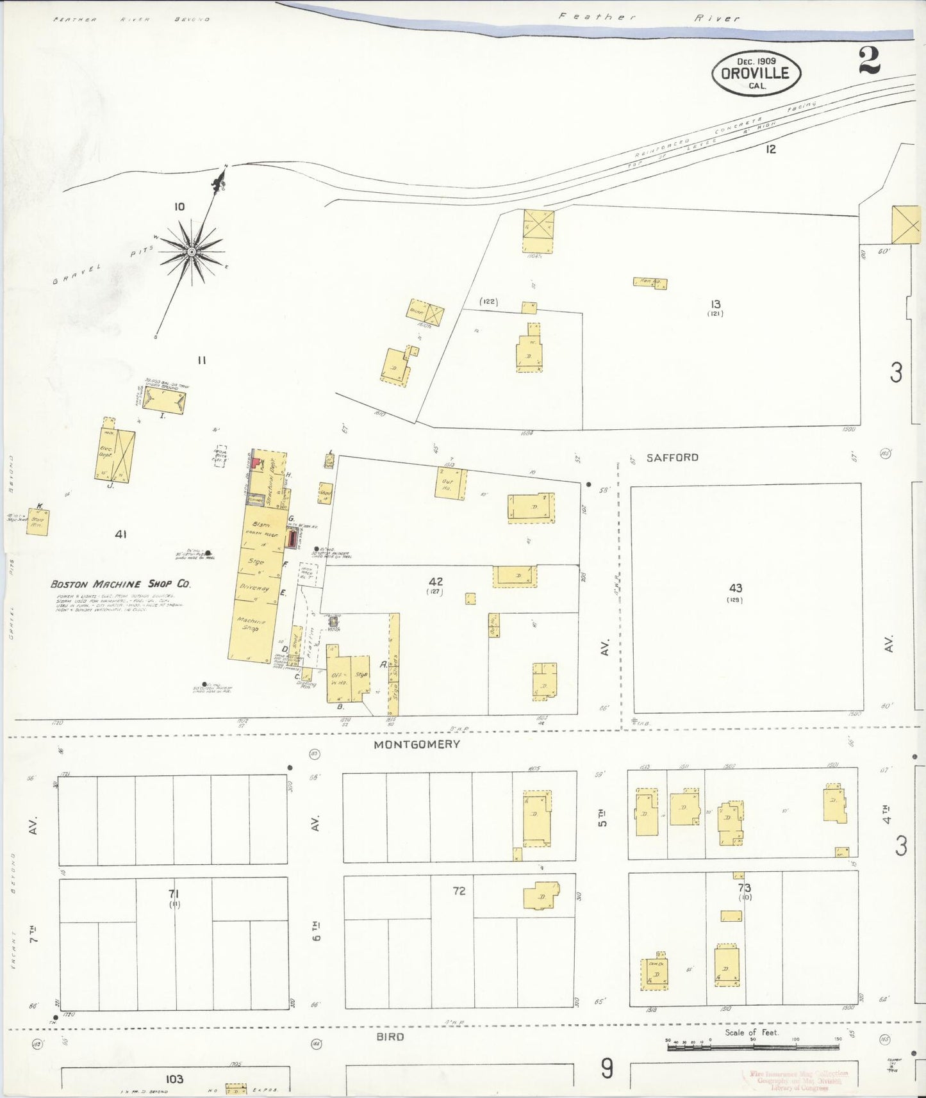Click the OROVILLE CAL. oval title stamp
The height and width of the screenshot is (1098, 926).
pyautogui.click(x=756, y=73)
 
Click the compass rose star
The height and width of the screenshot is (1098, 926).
pyautogui.click(x=191, y=252)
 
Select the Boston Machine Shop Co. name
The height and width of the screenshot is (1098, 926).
pyautogui.click(x=120, y=584)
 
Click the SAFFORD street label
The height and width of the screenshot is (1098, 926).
pyautogui.click(x=672, y=457)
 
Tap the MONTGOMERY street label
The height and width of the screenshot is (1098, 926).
pyautogui.click(x=417, y=744)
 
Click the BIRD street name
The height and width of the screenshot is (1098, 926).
pyautogui.click(x=390, y=1037)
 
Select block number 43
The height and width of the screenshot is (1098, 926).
pyautogui.click(x=735, y=587)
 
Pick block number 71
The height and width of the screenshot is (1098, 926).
pyautogui.click(x=174, y=894)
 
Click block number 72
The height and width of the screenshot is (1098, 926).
pyautogui.click(x=459, y=891)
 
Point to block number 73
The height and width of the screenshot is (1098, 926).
pyautogui.click(x=744, y=888)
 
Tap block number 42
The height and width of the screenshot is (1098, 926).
pyautogui.click(x=436, y=582)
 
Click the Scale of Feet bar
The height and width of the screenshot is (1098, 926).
pyautogui.click(x=753, y=1047)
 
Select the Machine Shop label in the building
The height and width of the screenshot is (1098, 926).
pyautogui.click(x=250, y=624)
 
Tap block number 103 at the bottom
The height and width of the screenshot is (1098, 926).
pyautogui.click(x=174, y=1079)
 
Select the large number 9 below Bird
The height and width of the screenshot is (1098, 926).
pyautogui.click(x=607, y=1069)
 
